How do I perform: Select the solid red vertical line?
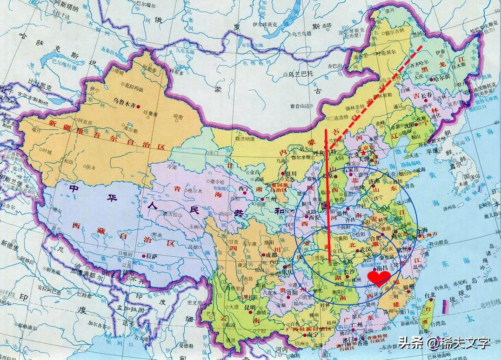pos(328,195)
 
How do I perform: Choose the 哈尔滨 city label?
pos(442,79)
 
